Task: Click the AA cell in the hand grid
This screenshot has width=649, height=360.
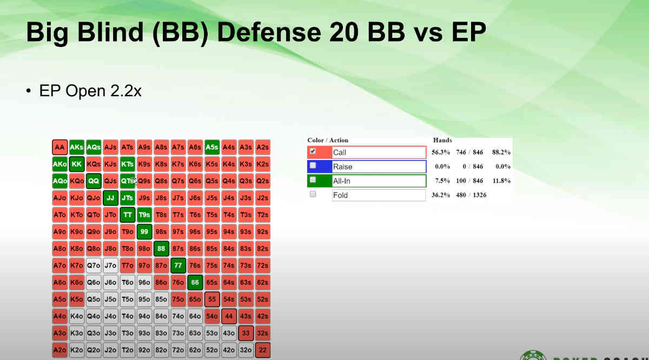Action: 59,147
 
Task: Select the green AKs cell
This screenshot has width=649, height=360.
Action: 77,147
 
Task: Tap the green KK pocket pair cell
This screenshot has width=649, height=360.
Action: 77,164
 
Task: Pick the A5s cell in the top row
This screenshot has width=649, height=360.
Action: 212,147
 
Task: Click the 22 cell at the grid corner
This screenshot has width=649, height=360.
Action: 263,350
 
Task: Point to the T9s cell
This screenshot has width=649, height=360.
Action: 144,215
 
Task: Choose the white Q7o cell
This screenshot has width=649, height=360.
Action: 94,265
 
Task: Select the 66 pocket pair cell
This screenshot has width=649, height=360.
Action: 195,282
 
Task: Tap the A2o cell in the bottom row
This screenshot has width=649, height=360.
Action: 59,350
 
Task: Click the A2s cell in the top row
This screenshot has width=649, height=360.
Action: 263,147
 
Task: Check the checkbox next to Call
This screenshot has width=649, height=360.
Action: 313,152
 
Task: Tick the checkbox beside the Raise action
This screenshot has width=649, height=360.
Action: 313,166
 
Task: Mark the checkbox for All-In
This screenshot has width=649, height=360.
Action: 313,180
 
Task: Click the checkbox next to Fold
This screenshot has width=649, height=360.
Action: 313,194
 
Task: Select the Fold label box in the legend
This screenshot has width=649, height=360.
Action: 379,195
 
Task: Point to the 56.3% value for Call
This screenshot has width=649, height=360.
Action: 441,152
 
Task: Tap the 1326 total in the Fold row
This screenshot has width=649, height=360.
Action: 477,195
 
